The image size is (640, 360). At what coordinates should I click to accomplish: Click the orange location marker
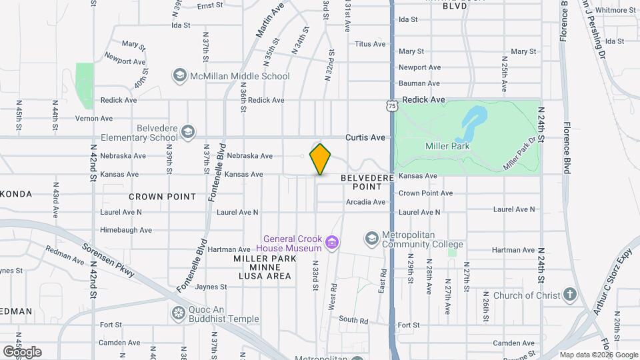pos(321,159)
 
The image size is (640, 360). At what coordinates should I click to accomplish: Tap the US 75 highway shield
pos(391,106)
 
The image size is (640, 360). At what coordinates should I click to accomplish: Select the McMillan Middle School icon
pos(179,75)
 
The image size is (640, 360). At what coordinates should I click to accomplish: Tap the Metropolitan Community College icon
pos(371,238)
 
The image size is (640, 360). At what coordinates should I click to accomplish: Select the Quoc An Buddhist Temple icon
pos(179,313)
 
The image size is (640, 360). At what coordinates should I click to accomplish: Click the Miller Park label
pos(447,146)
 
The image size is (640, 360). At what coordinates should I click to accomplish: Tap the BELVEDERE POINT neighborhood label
pos(362,183)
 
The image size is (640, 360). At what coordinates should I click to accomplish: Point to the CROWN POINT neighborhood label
pos(162,197)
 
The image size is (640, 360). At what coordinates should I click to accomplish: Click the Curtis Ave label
pos(365,137)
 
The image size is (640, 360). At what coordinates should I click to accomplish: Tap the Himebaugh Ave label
pos(126,230)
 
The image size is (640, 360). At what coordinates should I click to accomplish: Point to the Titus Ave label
pos(371,44)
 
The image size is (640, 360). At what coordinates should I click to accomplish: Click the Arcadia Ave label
pos(365,202)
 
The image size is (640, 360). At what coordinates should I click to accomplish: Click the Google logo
pos(22,351)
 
